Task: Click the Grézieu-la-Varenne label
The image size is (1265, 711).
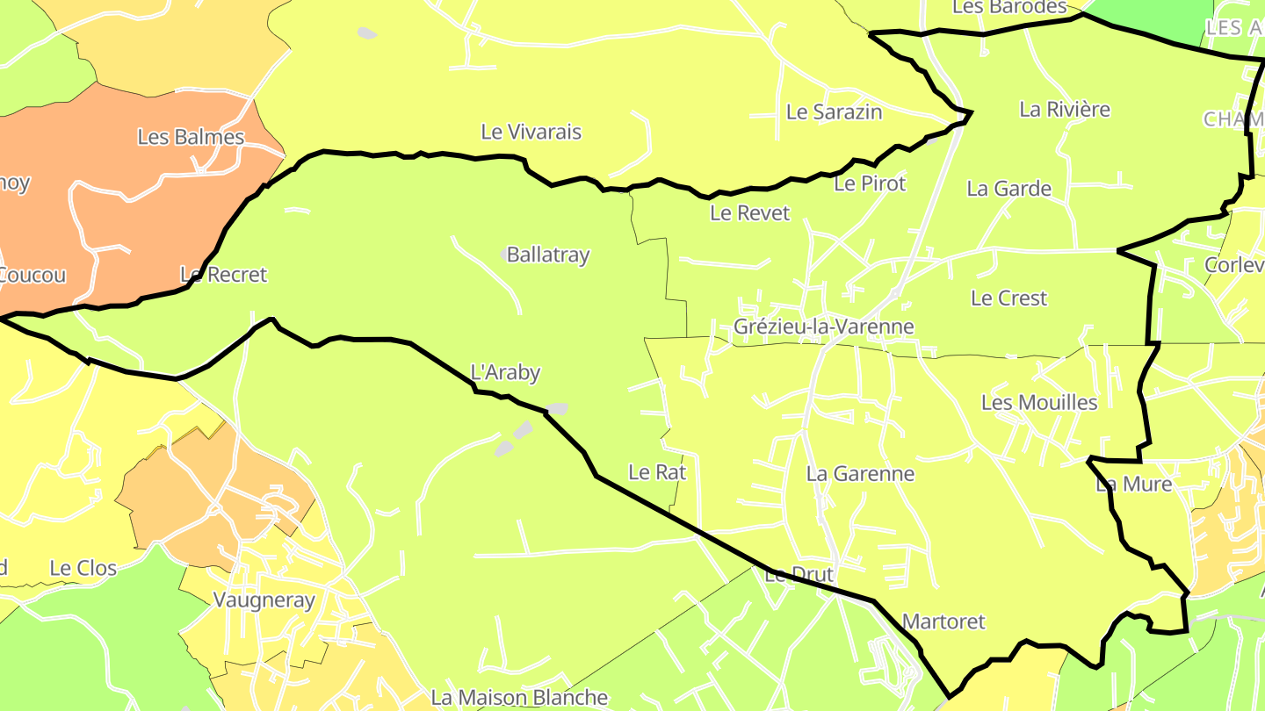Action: tap(823, 327)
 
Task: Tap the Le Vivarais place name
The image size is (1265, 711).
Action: tap(531, 132)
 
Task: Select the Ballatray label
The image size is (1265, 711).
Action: tap(548, 255)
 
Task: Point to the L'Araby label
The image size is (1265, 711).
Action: tap(505, 372)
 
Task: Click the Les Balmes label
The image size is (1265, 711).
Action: tap(191, 137)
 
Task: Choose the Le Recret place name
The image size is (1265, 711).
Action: tap(223, 275)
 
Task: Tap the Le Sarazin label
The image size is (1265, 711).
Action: tap(834, 112)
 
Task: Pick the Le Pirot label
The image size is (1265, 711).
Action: tap(869, 183)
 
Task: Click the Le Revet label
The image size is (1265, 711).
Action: tap(749, 213)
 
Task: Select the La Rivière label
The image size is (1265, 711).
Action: tap(1065, 110)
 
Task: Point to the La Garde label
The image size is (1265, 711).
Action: tap(1008, 189)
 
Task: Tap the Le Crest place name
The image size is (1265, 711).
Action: tap(1008, 298)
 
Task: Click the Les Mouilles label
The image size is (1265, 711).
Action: tap(1039, 403)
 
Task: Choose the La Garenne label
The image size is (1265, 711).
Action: tap(860, 474)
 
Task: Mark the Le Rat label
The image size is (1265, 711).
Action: tap(657, 472)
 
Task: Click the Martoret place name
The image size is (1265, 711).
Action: tap(943, 621)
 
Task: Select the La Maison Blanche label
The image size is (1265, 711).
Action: tap(518, 698)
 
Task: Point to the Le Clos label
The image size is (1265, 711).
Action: tap(83, 568)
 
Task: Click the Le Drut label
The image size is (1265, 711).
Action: tap(799, 576)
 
